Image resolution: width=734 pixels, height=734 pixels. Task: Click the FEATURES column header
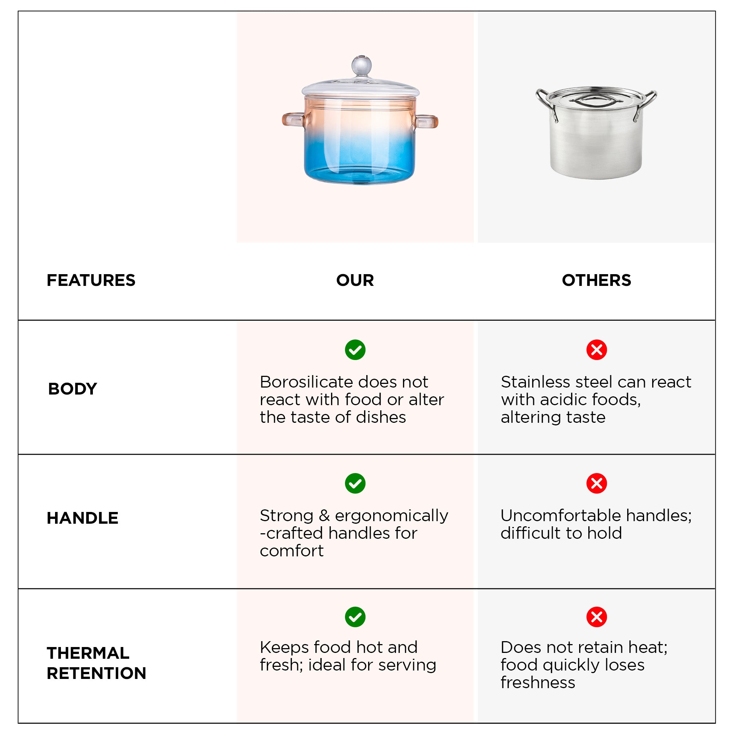point(91,280)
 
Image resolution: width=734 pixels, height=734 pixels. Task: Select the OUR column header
point(355,280)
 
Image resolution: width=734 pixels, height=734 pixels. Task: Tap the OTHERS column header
point(596,280)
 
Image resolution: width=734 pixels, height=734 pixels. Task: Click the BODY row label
point(73,389)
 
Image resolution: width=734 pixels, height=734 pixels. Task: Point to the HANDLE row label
point(83,518)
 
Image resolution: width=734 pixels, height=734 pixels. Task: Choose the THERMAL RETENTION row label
point(97,663)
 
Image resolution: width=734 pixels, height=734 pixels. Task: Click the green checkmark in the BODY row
point(355,350)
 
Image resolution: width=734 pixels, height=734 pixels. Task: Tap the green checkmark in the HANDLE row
point(355,483)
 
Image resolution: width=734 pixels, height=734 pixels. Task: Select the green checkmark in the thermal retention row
point(355,617)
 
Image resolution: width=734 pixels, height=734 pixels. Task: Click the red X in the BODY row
point(596,350)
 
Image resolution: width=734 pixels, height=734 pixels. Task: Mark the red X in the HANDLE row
point(596,483)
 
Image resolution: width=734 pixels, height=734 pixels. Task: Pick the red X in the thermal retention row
point(596,617)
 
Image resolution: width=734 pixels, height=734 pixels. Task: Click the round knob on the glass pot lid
point(361,65)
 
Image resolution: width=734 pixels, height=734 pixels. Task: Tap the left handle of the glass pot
point(293,119)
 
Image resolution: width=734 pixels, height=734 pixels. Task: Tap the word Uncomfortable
point(561,516)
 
